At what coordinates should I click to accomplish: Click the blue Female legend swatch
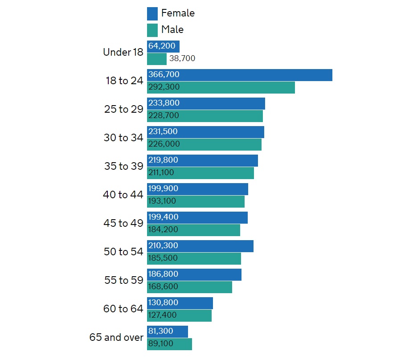(x=152, y=14)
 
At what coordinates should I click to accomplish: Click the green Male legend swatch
(x=152, y=30)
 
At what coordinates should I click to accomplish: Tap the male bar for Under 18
(x=157, y=59)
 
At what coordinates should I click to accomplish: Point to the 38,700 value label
(x=182, y=58)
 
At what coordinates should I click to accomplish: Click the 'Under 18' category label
(x=123, y=52)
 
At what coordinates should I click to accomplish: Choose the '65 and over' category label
(x=116, y=337)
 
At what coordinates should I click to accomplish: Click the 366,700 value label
(x=164, y=74)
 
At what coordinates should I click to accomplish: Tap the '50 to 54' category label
(x=123, y=252)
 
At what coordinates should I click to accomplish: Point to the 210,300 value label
(x=164, y=245)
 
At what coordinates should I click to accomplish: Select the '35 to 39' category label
(x=123, y=166)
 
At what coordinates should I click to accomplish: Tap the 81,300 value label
(x=161, y=331)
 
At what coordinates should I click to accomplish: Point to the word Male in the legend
(x=172, y=30)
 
